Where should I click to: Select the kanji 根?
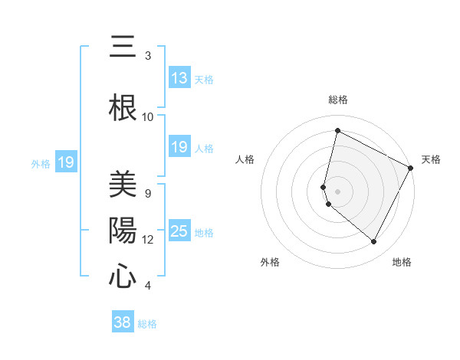tap(123, 106)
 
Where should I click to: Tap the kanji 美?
tap(123, 185)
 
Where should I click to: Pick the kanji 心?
tap(123, 277)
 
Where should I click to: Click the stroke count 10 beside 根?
tap(148, 117)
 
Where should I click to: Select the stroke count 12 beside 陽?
tap(148, 240)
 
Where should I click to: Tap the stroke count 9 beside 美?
tap(148, 193)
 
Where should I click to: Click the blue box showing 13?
tap(179, 78)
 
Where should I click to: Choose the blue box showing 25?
tap(179, 232)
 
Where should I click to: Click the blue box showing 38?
tap(123, 322)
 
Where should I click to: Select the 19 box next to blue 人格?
tap(179, 147)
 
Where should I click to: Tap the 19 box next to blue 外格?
tap(66, 162)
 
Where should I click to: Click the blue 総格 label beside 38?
tap(147, 324)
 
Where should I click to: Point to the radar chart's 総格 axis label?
tap(338, 100)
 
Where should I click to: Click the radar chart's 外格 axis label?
tap(270, 262)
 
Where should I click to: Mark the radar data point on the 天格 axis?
tap(411, 169)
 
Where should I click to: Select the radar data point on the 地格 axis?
tap(374, 242)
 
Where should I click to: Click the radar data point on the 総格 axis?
tap(337, 131)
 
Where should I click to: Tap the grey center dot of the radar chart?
tap(338, 191)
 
